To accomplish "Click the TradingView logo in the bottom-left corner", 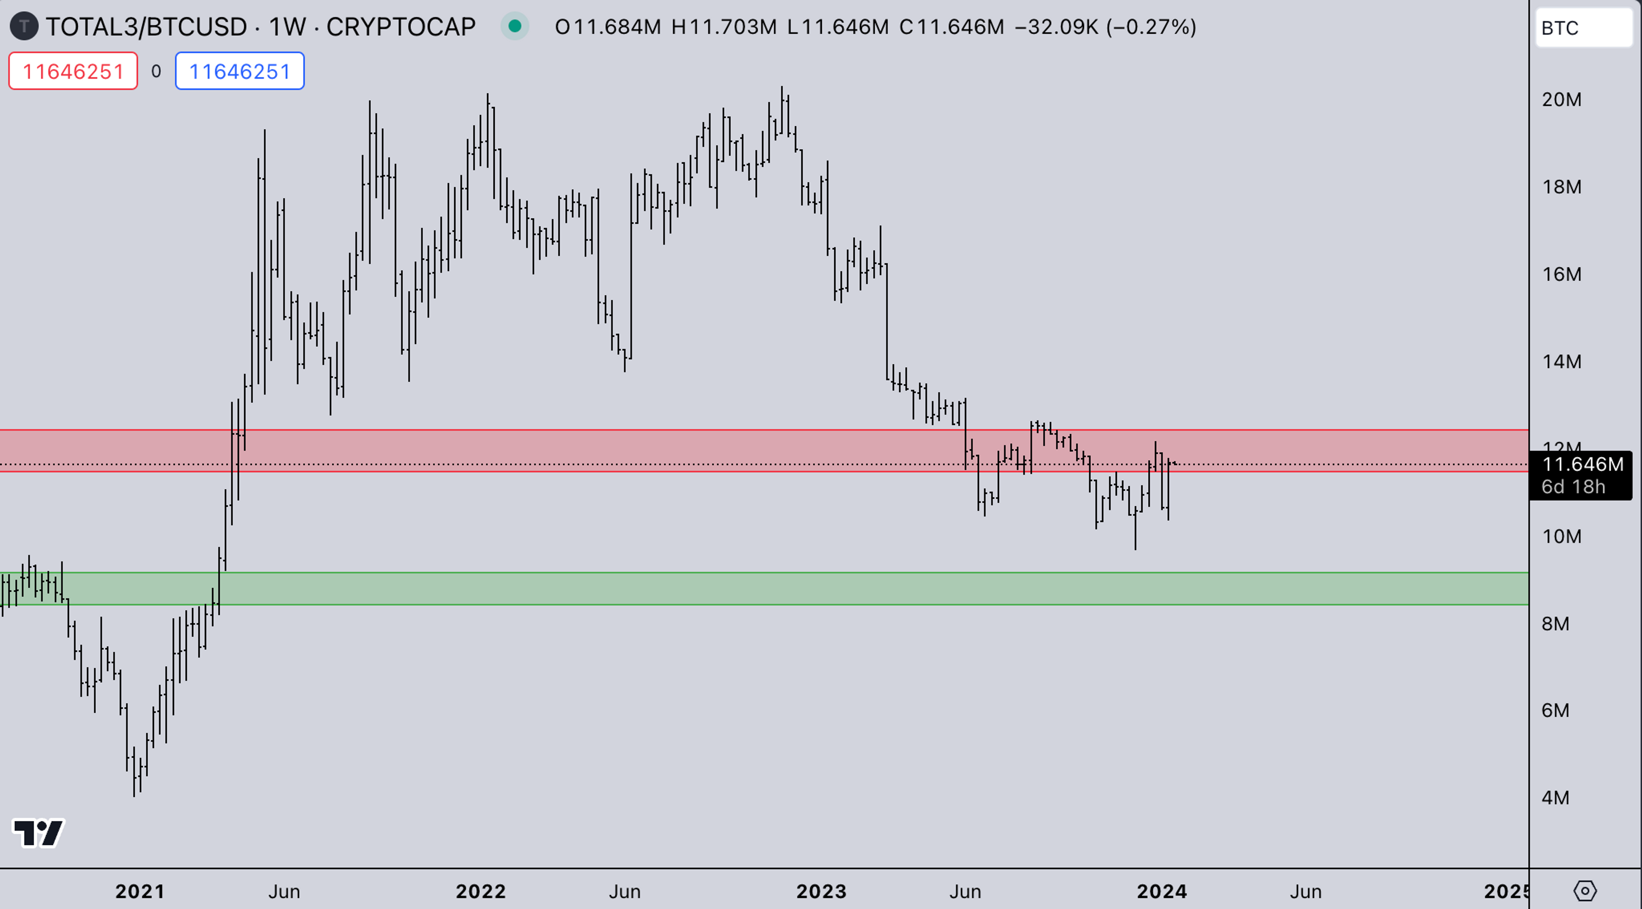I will point(38,832).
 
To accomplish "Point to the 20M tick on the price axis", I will point(1561,100).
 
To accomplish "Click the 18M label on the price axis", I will point(1561,187).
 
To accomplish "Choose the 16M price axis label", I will point(1561,274).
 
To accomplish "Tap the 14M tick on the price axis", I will point(1561,361).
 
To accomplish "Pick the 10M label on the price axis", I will point(1561,536).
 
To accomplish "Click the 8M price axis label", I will point(1555,623).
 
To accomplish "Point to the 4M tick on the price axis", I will point(1555,797).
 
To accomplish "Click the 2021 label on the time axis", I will point(139,891).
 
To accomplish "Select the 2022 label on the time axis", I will point(481,891).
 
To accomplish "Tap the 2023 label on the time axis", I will point(821,891).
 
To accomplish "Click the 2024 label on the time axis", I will point(1161,891).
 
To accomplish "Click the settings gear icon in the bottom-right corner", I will point(1585,891).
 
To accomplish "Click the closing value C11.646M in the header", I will point(951,27).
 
